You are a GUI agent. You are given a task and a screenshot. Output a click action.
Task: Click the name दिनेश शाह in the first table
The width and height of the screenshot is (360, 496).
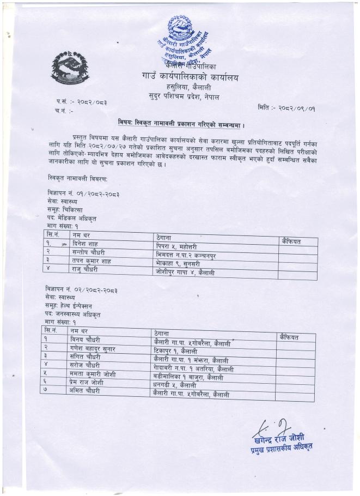point(87,244)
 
